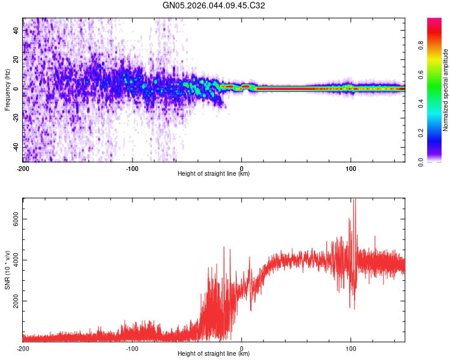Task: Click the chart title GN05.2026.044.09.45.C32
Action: [214, 5]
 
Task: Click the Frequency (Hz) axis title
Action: [7, 90]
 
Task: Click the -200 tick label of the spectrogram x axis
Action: [23, 168]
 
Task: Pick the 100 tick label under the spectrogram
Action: [351, 168]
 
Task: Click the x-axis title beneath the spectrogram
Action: [214, 174]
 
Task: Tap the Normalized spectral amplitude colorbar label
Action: [446, 90]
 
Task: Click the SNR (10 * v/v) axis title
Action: [7, 270]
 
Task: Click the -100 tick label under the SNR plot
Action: [132, 348]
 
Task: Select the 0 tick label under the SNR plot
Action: [242, 348]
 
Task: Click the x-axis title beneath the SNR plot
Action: [214, 354]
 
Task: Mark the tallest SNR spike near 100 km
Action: [355, 200]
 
